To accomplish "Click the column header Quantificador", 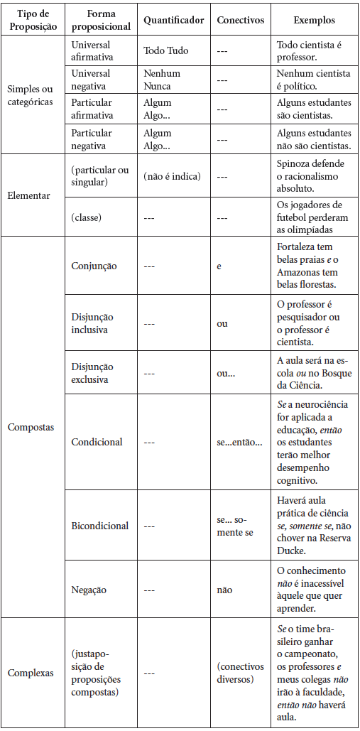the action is tap(174, 21).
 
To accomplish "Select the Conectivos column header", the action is tap(240, 21).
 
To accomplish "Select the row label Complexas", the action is tap(31, 673).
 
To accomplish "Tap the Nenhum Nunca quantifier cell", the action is tap(162, 79).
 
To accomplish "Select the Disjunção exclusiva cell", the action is tap(92, 373).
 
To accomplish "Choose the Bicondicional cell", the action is tap(100, 526).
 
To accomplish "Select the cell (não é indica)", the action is tap(172, 176).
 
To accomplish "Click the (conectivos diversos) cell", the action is tap(240, 673).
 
